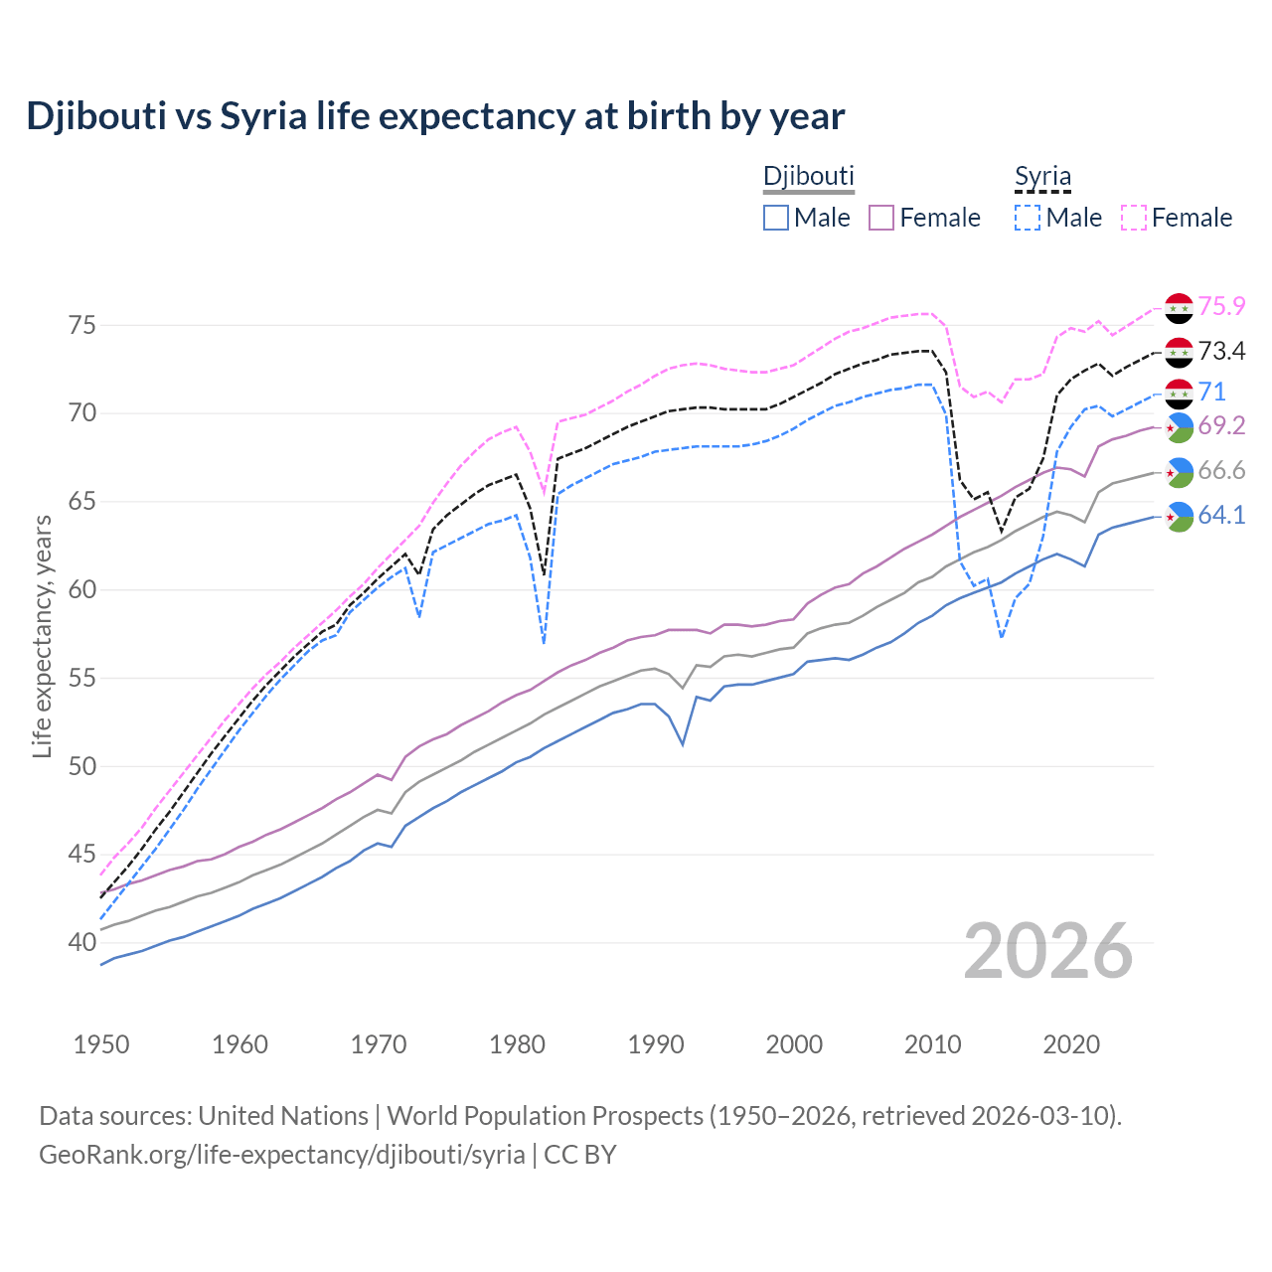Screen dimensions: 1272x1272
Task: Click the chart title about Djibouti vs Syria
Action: coord(435,116)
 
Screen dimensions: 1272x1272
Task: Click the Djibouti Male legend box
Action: coord(776,218)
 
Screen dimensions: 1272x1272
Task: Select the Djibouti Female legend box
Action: coord(881,218)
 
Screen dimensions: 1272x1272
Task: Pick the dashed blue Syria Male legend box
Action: coord(1028,218)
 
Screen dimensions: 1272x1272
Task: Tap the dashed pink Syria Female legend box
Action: coord(1134,218)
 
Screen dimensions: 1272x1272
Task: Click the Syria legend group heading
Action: coord(1042,177)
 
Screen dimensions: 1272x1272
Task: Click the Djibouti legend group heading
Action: coord(808,176)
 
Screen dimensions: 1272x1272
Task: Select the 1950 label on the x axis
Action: coord(101,1044)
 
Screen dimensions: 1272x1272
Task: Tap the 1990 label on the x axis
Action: coord(656,1044)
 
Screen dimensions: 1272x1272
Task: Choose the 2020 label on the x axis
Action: coord(1071,1044)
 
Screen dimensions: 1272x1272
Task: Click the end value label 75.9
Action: coord(1221,307)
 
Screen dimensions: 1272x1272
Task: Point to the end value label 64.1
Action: coord(1221,516)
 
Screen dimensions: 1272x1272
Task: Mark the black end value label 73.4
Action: coord(1221,352)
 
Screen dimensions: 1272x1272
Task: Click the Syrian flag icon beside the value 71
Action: coord(1179,394)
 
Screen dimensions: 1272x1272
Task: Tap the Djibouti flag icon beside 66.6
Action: coord(1179,472)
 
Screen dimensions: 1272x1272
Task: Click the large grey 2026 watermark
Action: coord(1048,951)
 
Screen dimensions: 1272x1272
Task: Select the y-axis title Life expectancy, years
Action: coord(43,636)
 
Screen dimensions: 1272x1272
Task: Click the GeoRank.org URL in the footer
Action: coord(281,1155)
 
